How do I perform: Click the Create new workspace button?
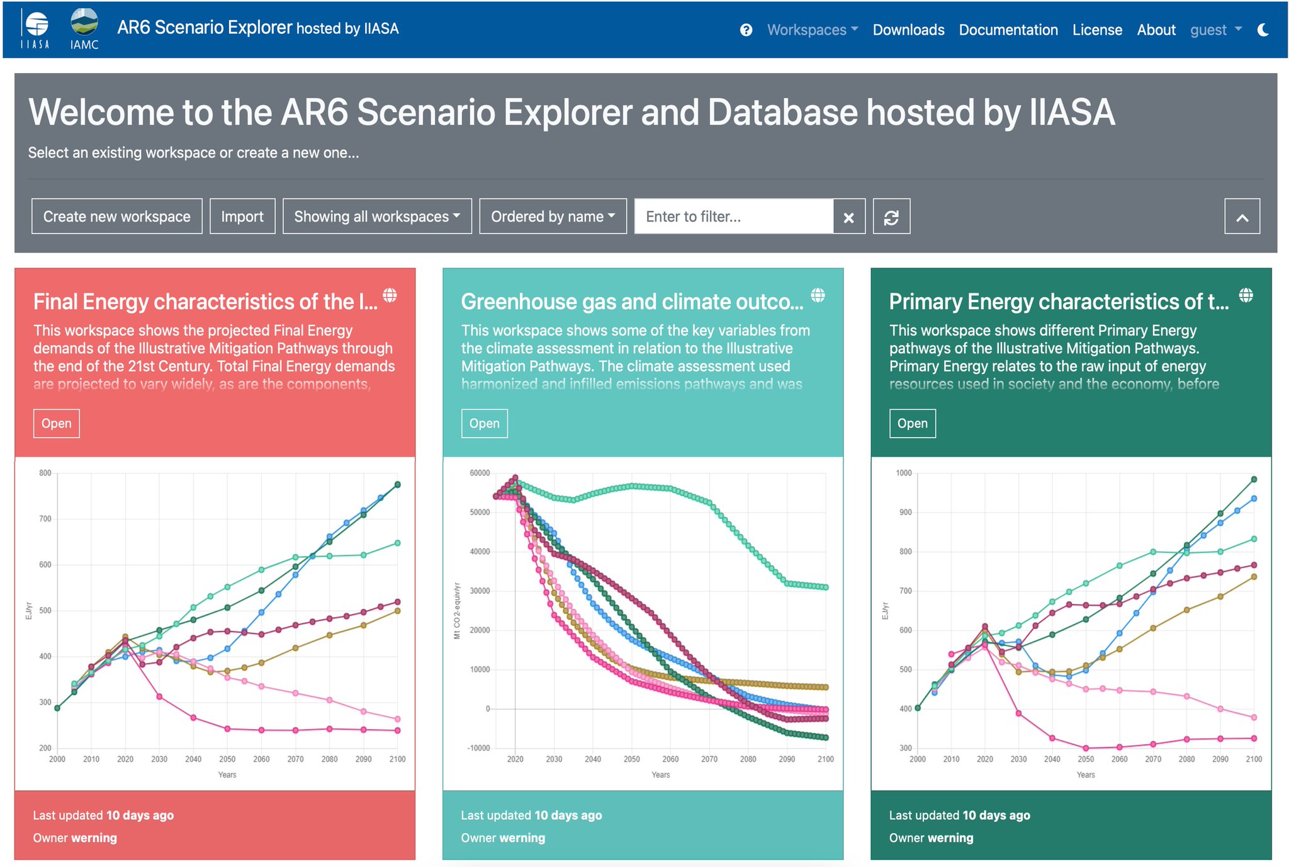116,217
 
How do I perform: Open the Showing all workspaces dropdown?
377,217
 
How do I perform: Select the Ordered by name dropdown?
553,217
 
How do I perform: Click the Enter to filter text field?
733,217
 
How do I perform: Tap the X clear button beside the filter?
848,217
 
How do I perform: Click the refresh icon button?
891,217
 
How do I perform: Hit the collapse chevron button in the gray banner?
1242,217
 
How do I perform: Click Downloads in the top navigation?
908,30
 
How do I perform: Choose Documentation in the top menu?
1008,30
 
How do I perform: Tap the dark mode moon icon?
1263,30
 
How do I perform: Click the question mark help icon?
746,30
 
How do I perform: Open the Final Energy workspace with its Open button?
56,423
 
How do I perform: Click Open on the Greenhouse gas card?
484,423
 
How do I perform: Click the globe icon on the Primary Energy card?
1246,295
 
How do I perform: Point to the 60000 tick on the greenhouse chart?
480,473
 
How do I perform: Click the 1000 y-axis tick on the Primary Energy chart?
903,473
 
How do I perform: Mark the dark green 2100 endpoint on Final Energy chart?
397,484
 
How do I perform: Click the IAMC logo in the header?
84,28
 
